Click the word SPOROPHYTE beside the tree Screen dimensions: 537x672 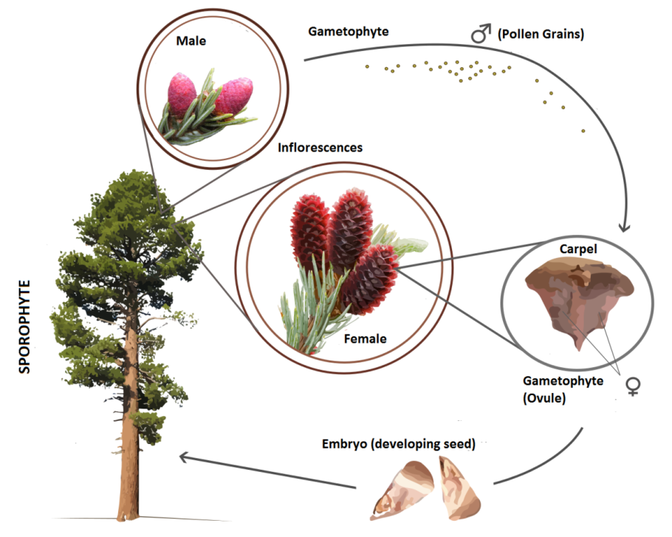[x=24, y=326]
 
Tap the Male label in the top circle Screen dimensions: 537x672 [x=191, y=41]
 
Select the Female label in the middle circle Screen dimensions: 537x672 [x=365, y=339]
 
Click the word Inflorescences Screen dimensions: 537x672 [x=320, y=147]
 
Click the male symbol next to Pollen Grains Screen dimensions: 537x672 [x=481, y=34]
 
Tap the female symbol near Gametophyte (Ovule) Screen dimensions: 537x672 [x=632, y=386]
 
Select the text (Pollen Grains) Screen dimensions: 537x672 [x=541, y=34]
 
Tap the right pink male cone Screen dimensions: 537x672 [x=233, y=96]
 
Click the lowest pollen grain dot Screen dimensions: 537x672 [x=583, y=131]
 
